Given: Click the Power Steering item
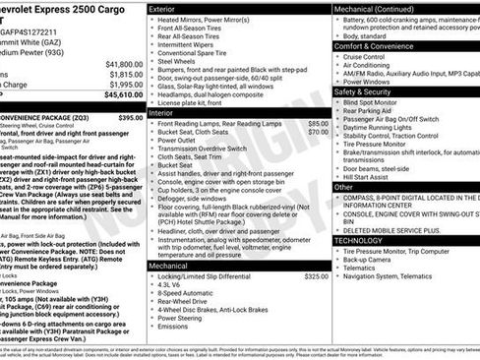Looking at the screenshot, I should [x=185, y=318].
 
